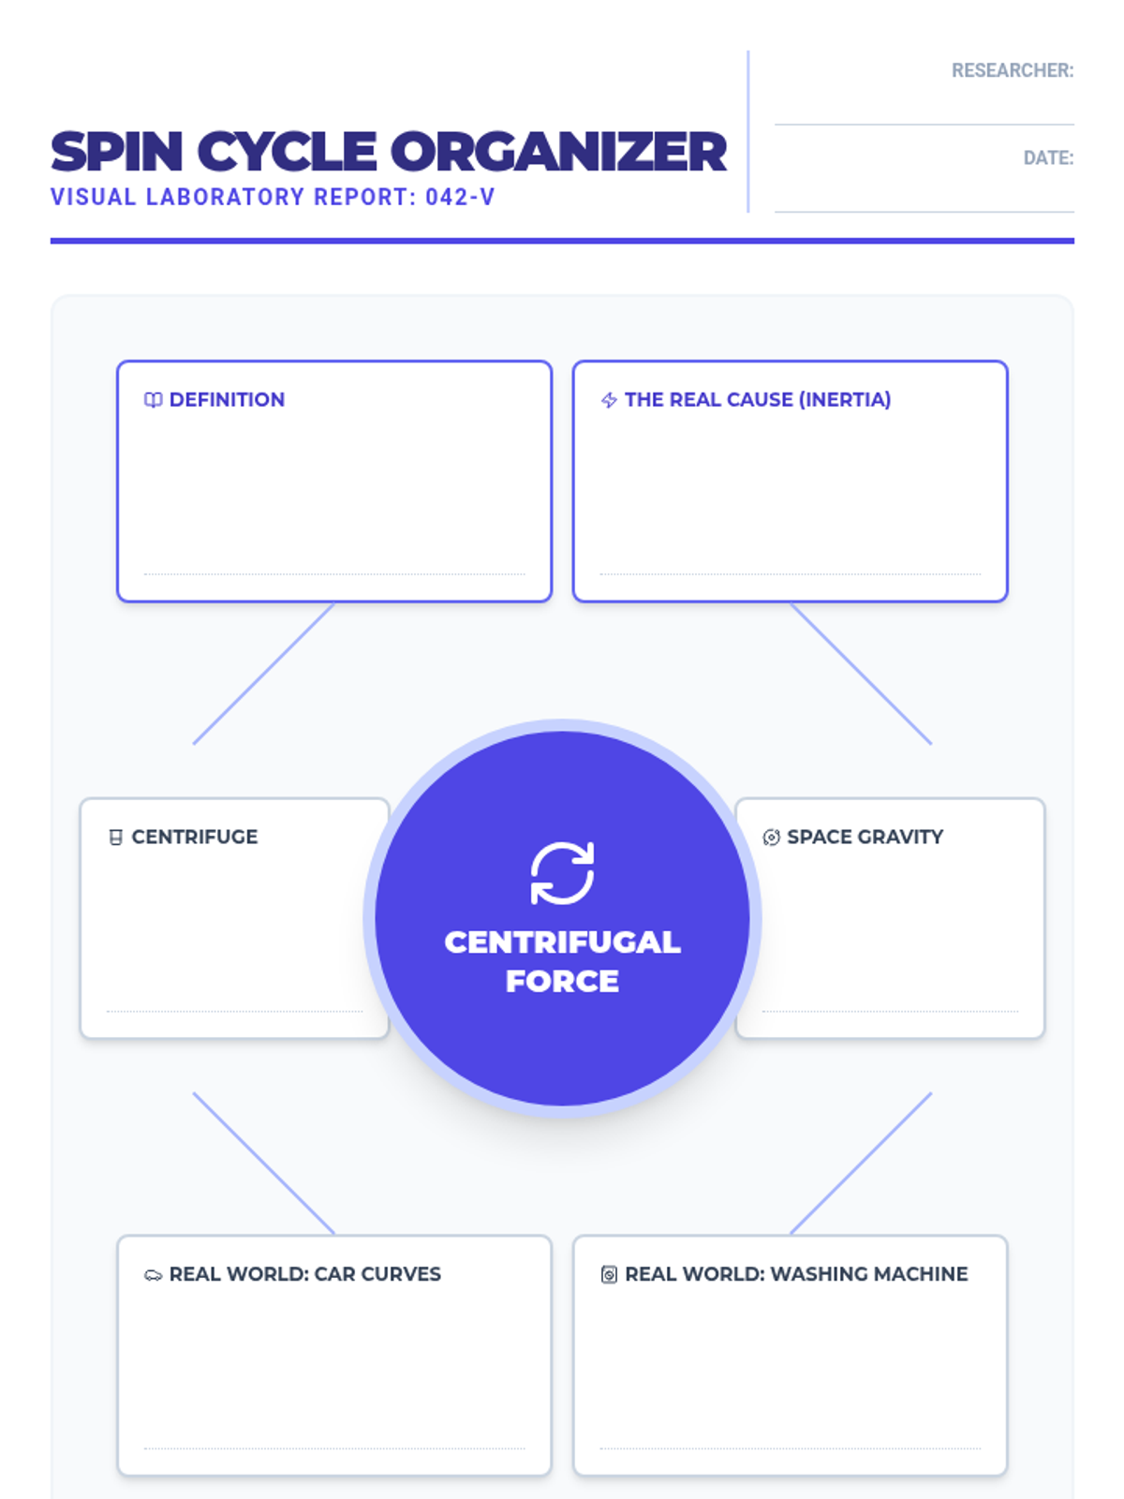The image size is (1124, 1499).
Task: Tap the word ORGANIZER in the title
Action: (558, 152)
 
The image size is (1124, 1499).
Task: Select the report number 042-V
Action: (460, 198)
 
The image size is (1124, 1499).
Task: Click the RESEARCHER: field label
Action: (1012, 70)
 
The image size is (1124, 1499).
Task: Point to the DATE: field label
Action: (1048, 157)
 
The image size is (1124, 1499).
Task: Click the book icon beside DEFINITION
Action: (153, 400)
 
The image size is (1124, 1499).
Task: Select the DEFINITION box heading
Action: (227, 400)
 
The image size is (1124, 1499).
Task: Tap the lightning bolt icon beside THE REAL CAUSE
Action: (609, 400)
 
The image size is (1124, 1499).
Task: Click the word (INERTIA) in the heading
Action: (845, 400)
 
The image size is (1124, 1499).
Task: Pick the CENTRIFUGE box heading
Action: (194, 837)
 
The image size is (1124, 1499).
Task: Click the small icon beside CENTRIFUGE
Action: (116, 838)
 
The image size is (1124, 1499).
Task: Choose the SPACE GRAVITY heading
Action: (865, 837)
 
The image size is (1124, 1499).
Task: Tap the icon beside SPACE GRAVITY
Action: (771, 838)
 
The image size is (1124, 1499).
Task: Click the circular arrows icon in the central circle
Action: (562, 873)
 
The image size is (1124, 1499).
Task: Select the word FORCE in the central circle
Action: (562, 981)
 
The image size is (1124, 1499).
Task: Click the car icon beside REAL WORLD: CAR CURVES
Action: (153, 1275)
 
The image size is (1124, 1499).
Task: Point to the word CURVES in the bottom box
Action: (401, 1274)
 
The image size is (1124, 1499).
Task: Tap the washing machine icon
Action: (609, 1274)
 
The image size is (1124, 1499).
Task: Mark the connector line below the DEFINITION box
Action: (263, 674)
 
